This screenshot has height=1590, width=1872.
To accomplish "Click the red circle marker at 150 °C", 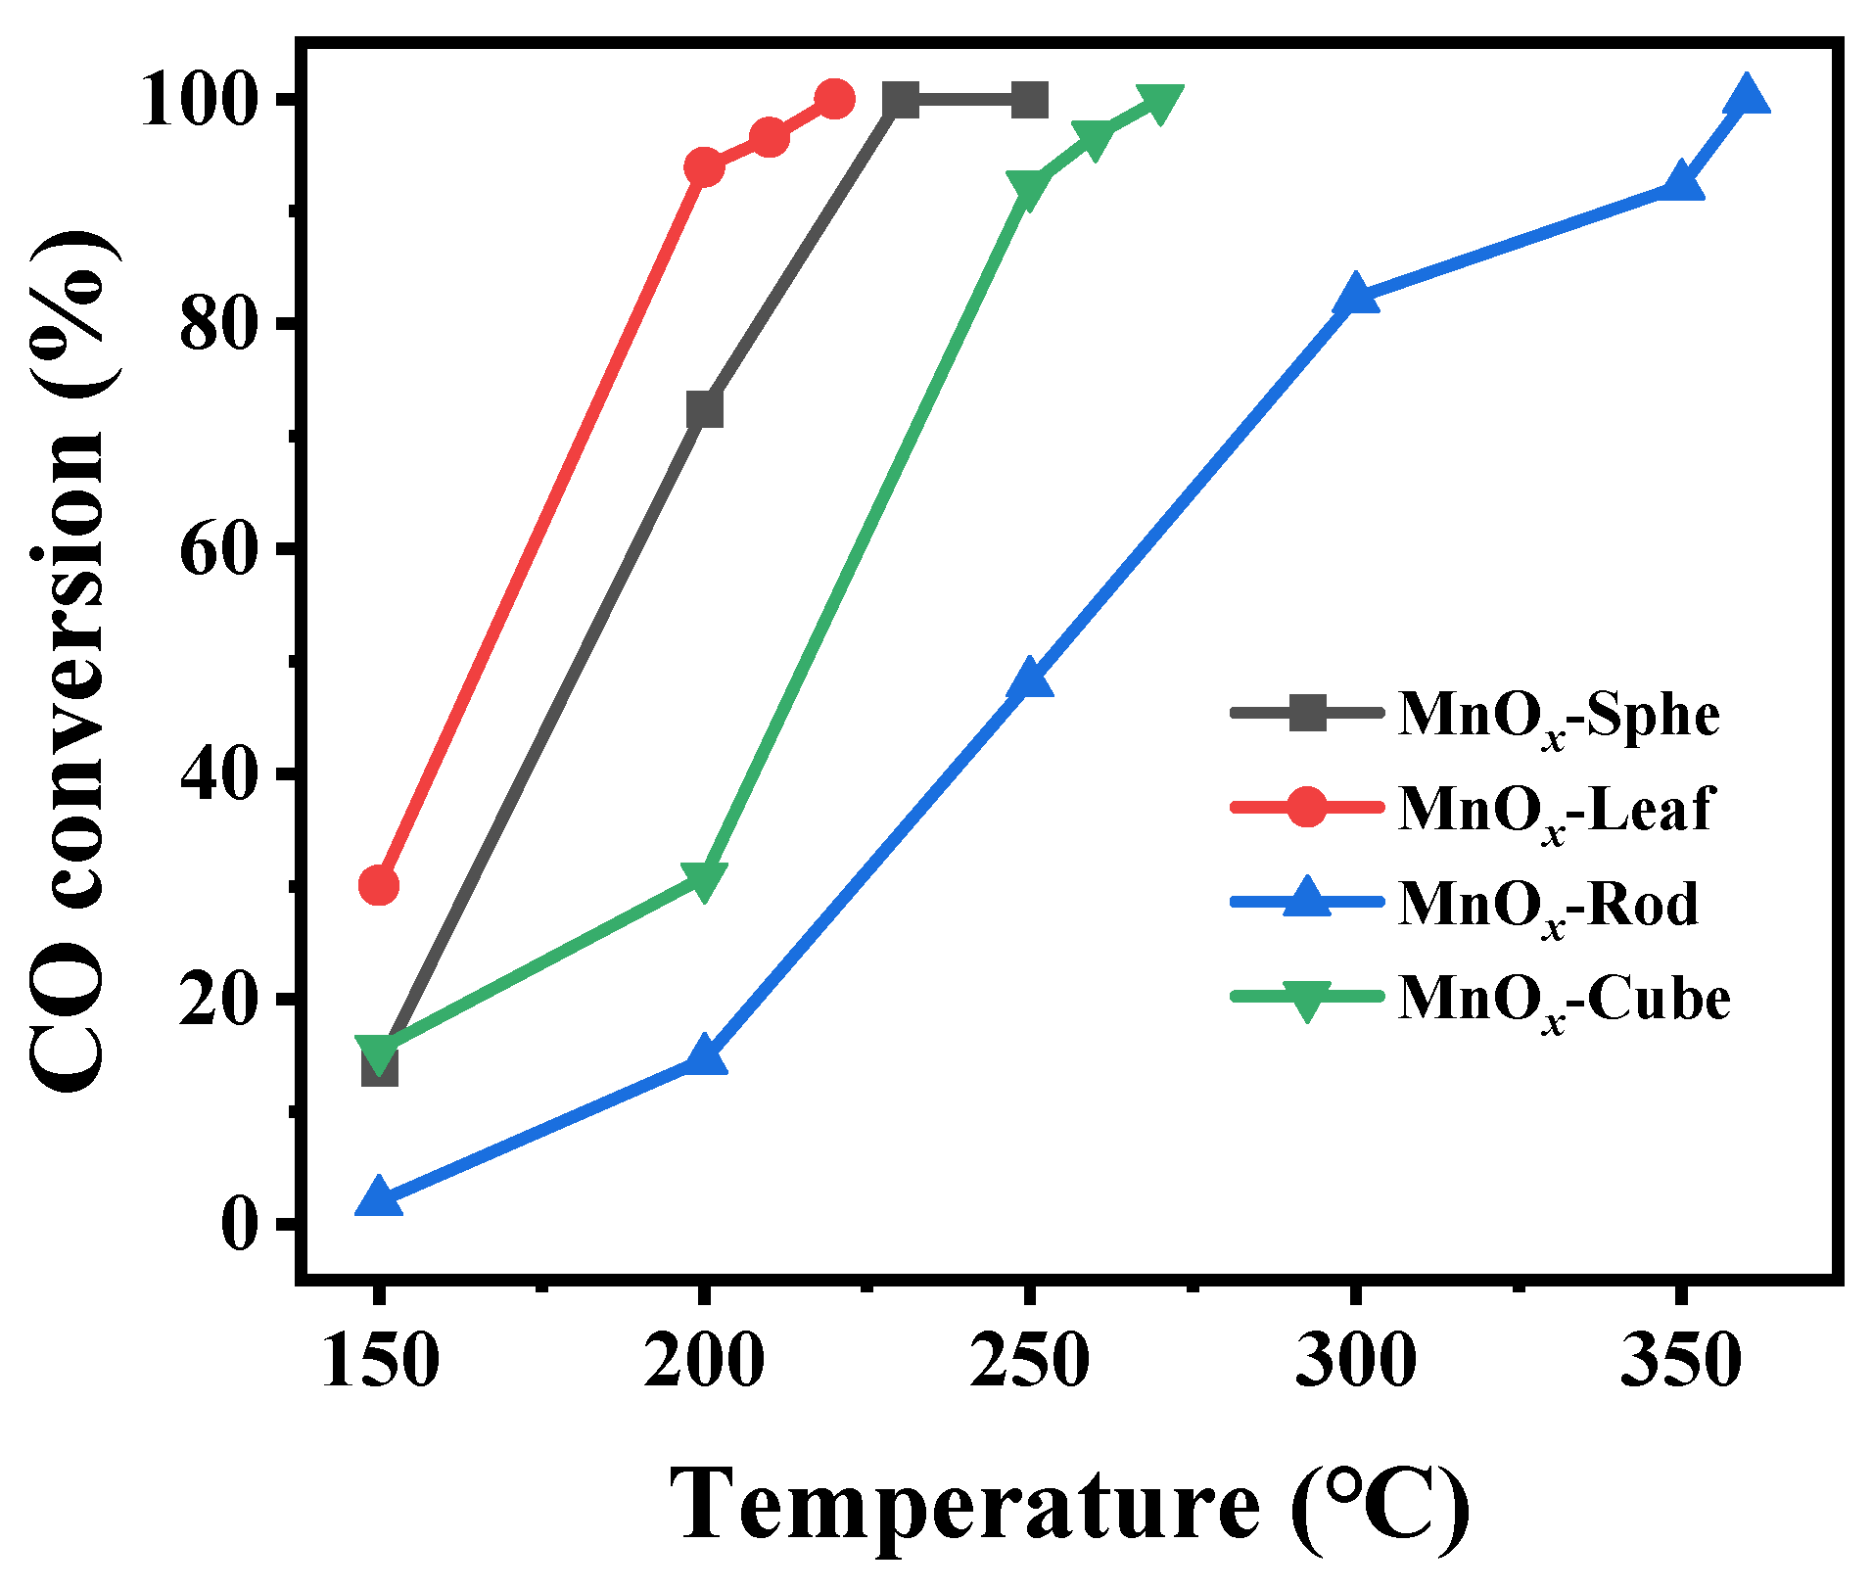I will tap(379, 885).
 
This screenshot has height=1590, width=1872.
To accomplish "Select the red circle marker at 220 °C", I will tap(834, 99).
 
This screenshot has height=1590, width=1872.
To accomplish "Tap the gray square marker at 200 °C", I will tap(704, 409).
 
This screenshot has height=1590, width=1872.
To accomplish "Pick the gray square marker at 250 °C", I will tap(1029, 100).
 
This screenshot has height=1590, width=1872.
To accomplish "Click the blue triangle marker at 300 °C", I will tap(1355, 295).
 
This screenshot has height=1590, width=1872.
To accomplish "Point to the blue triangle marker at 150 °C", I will tap(379, 1199).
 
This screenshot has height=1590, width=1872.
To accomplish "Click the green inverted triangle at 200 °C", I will tap(703, 878).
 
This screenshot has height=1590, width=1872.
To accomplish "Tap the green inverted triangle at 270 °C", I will tap(1160, 102).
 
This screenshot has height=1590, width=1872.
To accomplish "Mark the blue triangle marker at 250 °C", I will tap(1029, 678).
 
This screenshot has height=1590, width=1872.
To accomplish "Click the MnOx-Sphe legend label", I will tap(1559, 716).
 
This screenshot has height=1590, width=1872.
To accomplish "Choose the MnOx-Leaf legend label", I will tap(1556, 810).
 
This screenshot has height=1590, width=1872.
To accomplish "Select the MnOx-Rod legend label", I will tap(1548, 904).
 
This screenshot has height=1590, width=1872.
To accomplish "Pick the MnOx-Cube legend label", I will tap(1564, 999).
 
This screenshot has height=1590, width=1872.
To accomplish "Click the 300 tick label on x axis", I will tap(1355, 1361).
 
